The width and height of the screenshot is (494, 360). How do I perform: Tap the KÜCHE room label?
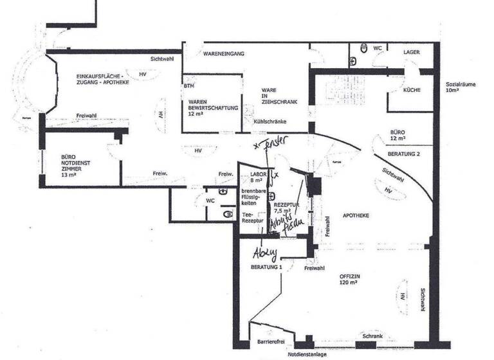412,90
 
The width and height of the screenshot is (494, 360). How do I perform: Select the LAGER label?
412,51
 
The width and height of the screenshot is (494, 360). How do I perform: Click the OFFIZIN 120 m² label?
353,281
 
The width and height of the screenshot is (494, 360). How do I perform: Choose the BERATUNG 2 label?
405,155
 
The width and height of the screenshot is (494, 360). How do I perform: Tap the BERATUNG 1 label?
267,266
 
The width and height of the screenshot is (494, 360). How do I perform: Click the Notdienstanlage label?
307,354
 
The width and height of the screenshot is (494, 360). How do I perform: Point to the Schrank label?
372,336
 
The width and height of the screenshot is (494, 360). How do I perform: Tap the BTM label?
189,85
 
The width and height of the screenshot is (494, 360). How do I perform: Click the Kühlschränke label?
270,122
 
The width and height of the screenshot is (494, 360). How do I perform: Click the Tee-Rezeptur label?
252,217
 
